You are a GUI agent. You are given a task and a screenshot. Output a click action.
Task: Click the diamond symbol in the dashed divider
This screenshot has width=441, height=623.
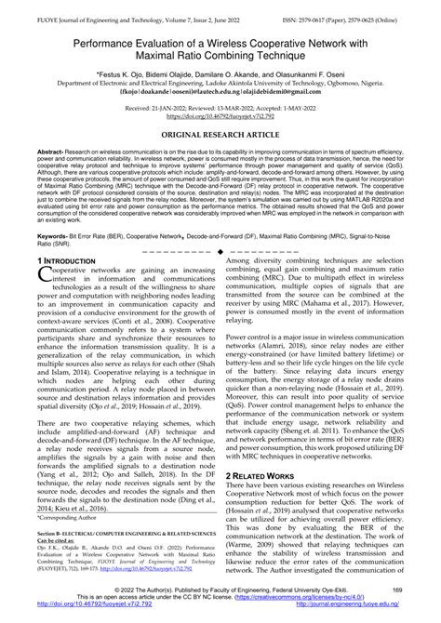click(220, 253)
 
